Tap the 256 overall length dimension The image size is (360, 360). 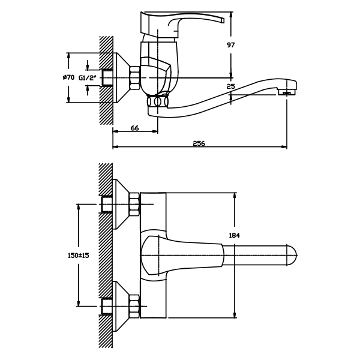pos(199,143)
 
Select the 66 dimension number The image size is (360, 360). pos(134,128)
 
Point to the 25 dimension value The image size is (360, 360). pos(231,86)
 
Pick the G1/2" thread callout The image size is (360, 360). pos(87,77)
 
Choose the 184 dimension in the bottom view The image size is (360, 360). pos(234,235)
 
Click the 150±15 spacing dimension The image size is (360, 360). pos(77,256)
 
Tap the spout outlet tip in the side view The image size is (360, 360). pos(287,92)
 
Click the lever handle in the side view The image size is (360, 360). pos(180,22)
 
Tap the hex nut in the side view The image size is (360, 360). pos(134,77)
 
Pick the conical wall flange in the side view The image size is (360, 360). pos(121,77)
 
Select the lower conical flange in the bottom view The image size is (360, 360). pos(121,306)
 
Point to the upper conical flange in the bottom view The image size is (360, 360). pos(121,204)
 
